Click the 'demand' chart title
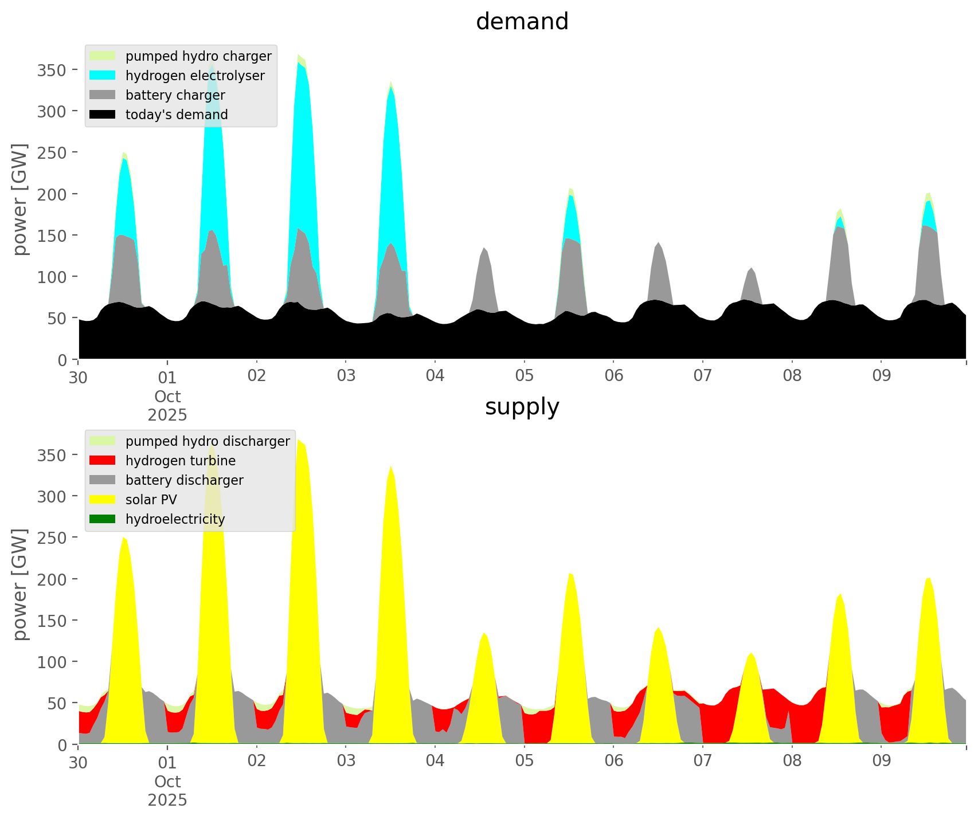point(522,22)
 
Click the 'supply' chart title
point(522,407)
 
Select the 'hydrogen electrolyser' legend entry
point(195,76)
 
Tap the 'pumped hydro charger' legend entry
point(198,56)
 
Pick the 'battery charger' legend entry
point(175,95)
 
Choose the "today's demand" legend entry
point(177,115)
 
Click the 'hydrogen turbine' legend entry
point(181,461)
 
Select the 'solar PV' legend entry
point(151,500)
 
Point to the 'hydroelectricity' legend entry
point(175,519)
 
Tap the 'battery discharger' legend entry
point(184,480)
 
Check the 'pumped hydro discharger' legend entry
point(208,441)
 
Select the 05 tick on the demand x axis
point(524,376)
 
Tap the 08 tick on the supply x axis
point(792,762)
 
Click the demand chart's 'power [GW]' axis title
point(21,199)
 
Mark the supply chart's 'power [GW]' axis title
point(21,584)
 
